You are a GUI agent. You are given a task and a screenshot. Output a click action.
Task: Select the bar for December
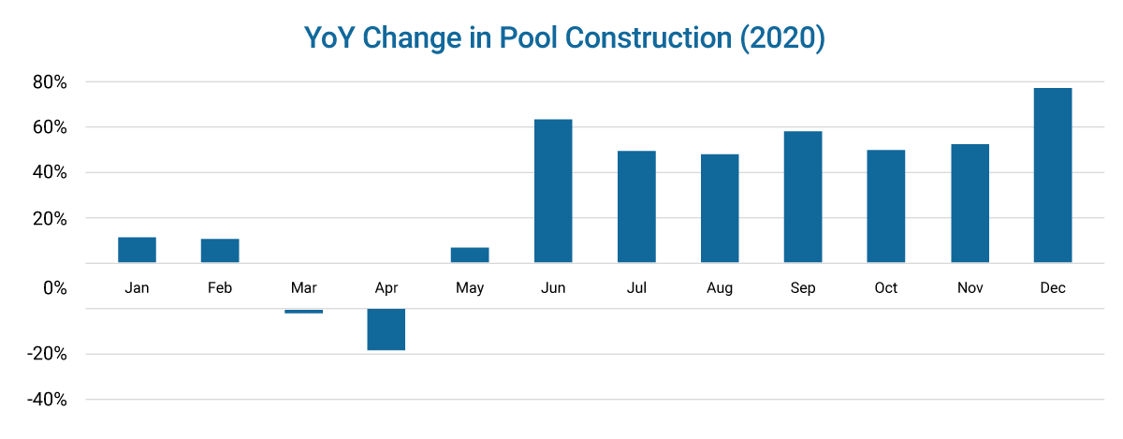pos(1053,175)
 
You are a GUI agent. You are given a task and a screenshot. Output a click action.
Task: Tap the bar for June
pos(553,191)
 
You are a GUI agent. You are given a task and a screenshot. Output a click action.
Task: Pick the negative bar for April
pos(386,329)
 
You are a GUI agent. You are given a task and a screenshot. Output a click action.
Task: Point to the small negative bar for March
pos(303,311)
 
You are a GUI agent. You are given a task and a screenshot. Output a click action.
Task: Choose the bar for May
pos(470,255)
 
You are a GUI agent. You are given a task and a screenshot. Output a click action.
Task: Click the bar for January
pos(137,250)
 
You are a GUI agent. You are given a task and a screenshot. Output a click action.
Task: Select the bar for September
pos(803,197)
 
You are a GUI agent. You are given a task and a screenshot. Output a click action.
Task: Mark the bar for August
pos(720,208)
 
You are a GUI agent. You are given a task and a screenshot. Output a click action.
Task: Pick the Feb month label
pos(220,288)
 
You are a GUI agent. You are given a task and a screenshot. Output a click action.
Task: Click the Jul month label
pos(636,288)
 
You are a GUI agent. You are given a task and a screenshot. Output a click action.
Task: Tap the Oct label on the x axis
pos(886,288)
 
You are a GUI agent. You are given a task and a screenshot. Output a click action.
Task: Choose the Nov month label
pos(970,288)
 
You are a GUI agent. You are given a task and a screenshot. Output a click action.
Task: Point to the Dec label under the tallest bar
pos(1053,288)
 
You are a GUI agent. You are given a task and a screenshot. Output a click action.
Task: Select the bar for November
pos(970,203)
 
